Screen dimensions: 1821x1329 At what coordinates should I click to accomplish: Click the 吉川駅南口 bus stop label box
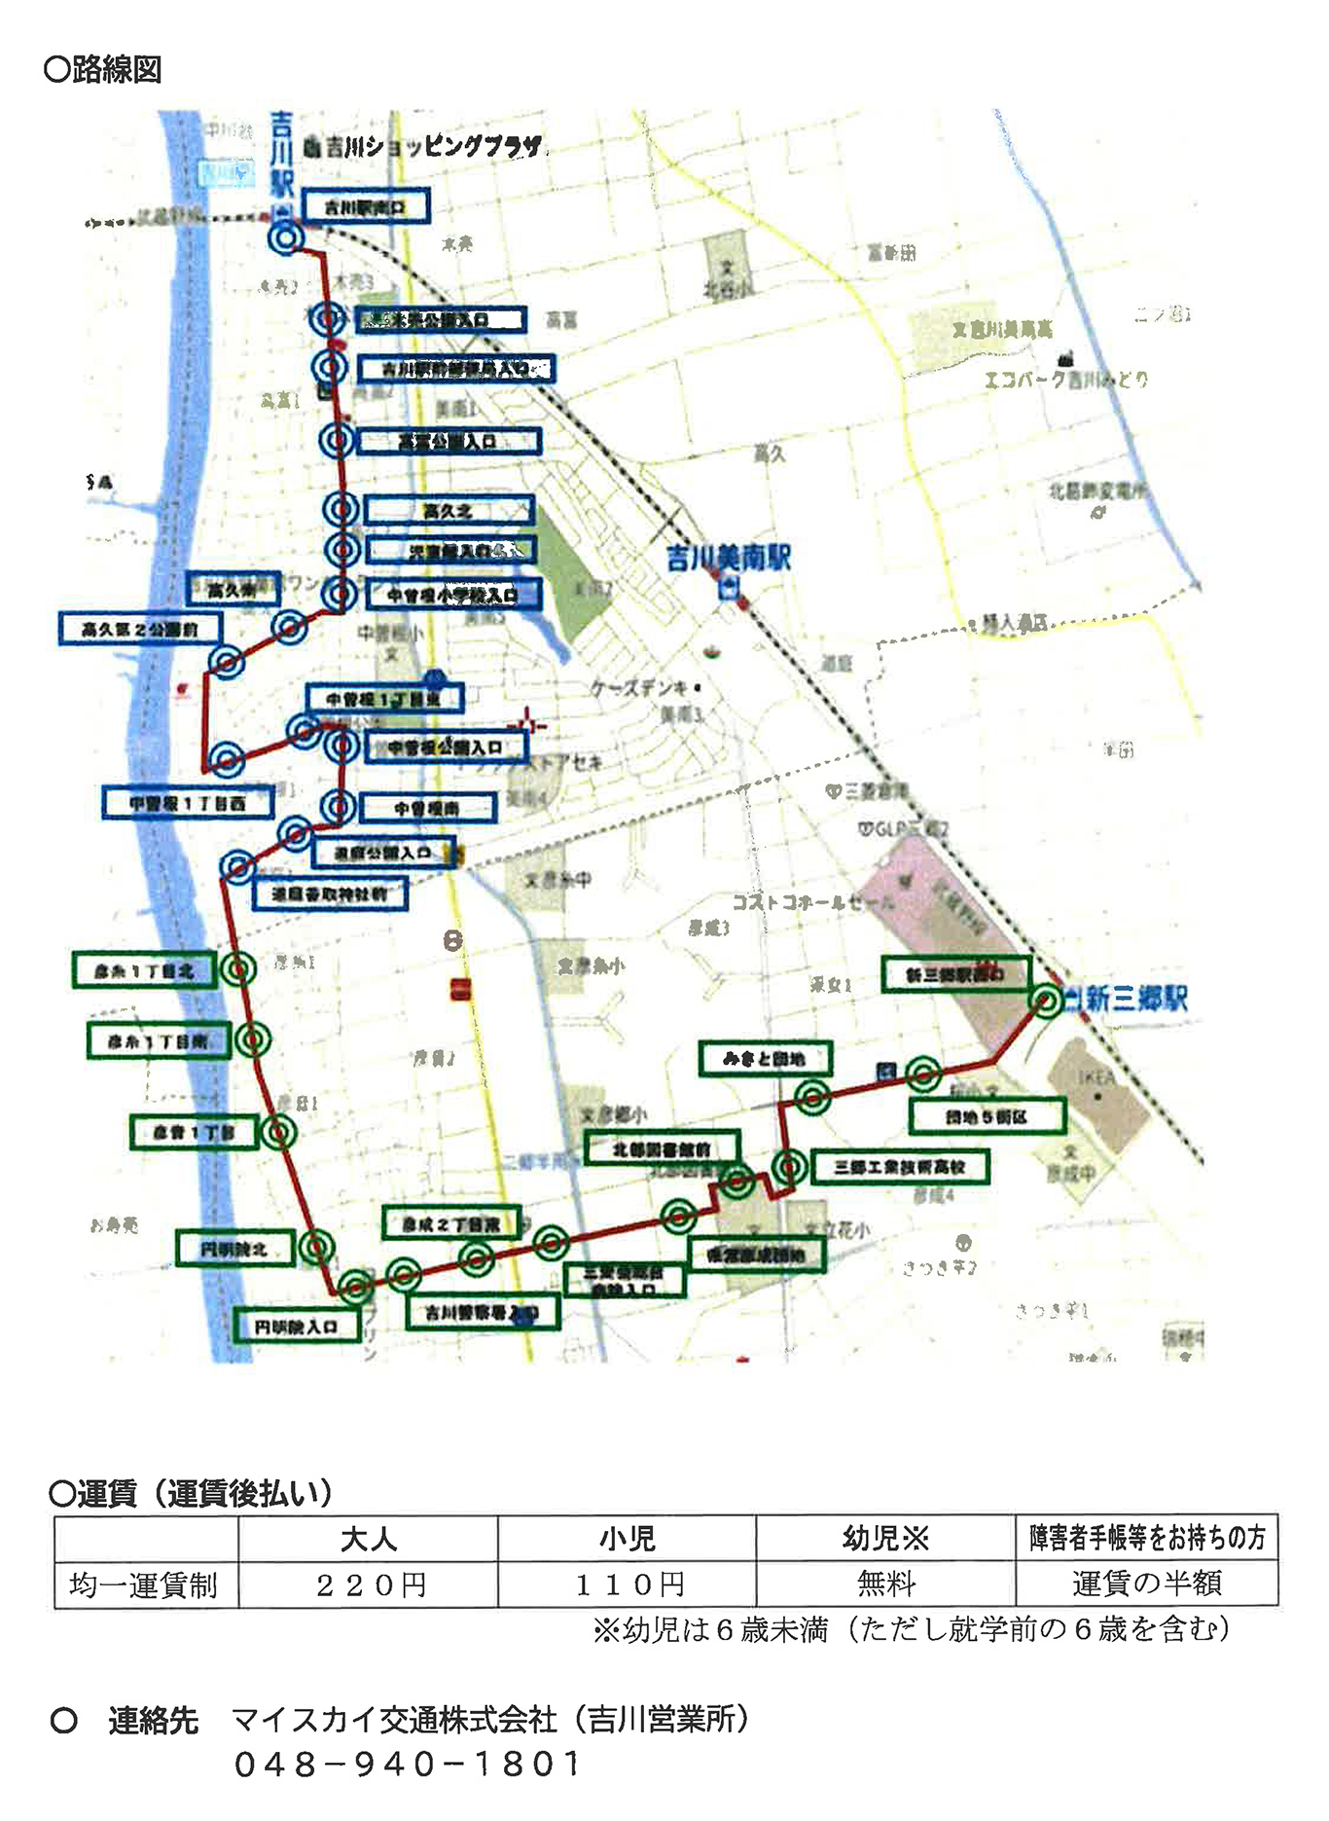point(364,207)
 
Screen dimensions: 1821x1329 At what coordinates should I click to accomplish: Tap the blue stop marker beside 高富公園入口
point(338,440)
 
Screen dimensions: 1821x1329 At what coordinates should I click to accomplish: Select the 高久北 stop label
point(449,510)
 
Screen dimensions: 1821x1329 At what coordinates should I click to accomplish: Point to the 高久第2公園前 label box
point(139,630)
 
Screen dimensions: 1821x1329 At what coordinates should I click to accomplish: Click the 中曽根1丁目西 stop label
point(187,802)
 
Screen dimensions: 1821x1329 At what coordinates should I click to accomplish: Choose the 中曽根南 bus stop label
point(427,808)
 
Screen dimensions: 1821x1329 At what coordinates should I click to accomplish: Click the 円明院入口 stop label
point(297,1326)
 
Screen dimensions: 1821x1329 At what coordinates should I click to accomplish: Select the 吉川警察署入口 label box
point(482,1313)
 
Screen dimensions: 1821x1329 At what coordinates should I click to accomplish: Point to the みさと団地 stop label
point(765,1058)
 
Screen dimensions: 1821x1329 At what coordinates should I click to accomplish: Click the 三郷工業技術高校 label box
point(898,1166)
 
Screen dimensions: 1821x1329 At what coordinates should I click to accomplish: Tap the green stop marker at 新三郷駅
point(1046,1001)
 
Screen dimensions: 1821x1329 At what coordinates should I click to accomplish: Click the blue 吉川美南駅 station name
point(729,558)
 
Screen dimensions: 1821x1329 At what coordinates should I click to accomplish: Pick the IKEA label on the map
point(1096,1077)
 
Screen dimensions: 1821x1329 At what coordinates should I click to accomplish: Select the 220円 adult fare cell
point(369,1585)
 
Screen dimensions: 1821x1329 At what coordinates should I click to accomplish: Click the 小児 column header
point(628,1539)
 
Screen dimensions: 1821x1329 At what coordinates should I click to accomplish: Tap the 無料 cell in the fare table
point(885,1585)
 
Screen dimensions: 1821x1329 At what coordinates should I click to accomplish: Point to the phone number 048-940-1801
point(408,1764)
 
